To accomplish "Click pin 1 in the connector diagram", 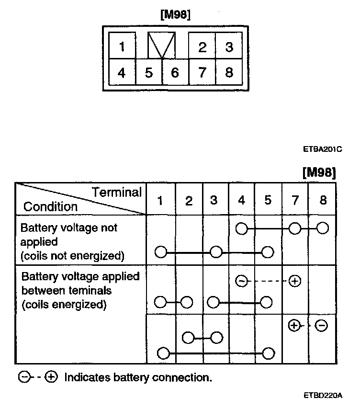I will coord(122,46).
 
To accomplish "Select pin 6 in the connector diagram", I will coord(175,73).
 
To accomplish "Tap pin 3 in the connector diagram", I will coord(229,47).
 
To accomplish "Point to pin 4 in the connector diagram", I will coord(122,73).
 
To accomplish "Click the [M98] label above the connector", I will coord(175,15).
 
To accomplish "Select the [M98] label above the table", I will coord(319,172).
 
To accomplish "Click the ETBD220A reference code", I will coord(323,396).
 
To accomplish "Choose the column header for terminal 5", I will coord(268,200).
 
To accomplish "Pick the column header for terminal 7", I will coord(295,200).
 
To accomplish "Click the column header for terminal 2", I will coord(189,200).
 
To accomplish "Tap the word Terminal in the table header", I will coord(117,193).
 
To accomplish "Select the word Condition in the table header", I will coord(50,207).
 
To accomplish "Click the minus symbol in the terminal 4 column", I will coord(242,281).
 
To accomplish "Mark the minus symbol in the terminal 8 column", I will coord(322,326).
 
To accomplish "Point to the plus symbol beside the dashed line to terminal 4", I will coord(295,281).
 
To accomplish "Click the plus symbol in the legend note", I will coord(51,377).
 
